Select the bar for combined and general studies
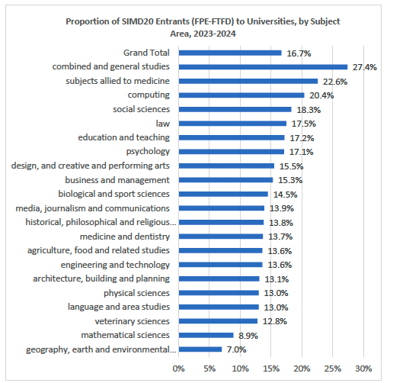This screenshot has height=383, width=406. click(x=263, y=67)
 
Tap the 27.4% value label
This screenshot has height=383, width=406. click(x=365, y=67)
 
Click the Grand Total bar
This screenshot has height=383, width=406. click(x=230, y=53)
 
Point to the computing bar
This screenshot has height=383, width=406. click(x=241, y=95)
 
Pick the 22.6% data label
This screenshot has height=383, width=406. click(x=335, y=82)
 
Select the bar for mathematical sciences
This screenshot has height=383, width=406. click(x=206, y=335)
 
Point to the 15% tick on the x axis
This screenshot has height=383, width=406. click(x=271, y=369)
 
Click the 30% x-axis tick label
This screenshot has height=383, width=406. click(x=363, y=369)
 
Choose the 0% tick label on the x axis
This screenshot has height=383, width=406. click(x=179, y=369)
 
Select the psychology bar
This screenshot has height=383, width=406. click(x=232, y=152)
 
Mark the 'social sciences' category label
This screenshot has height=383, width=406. click(x=141, y=110)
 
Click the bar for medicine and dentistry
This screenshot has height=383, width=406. click(x=221, y=237)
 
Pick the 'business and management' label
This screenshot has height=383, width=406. click(x=117, y=180)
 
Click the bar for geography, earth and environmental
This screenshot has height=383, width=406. click(x=200, y=349)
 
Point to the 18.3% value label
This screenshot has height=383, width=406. click(x=308, y=110)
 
